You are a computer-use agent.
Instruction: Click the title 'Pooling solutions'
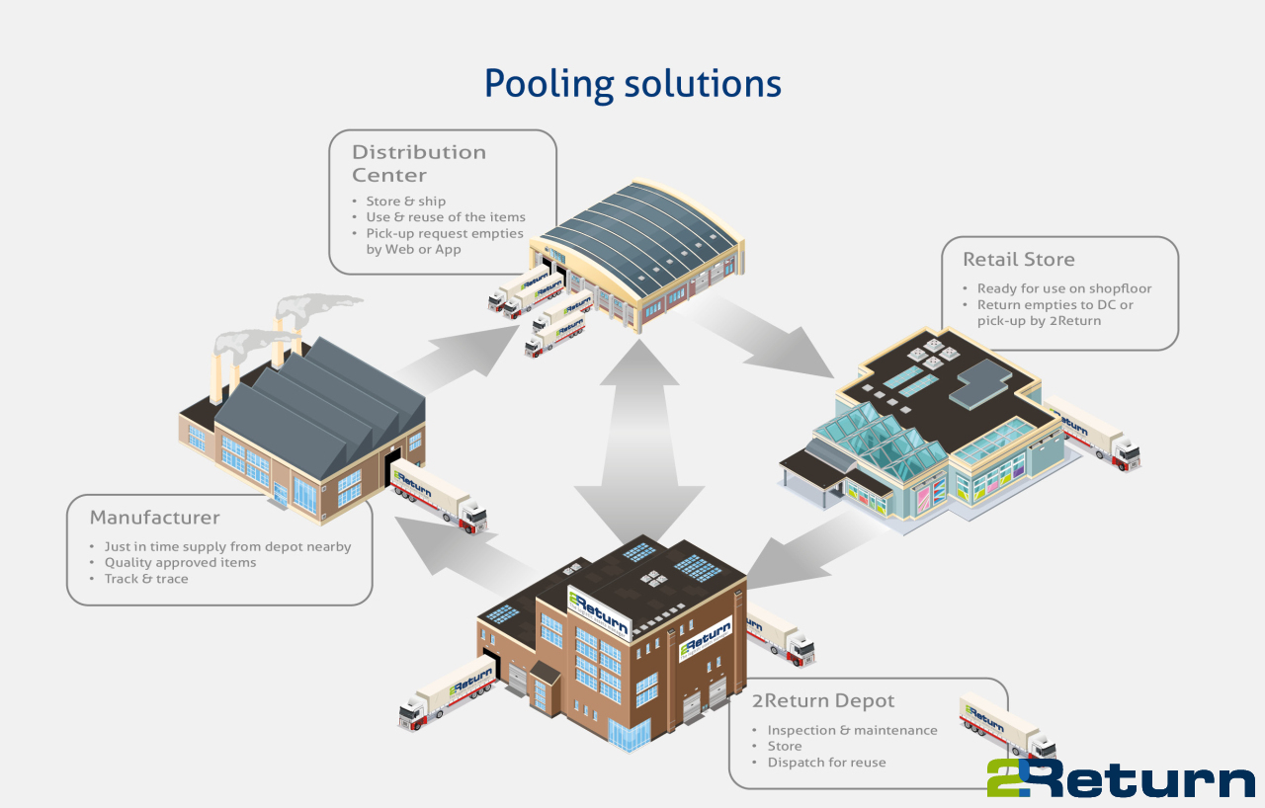click(632, 84)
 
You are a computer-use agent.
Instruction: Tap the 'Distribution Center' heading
click(419, 163)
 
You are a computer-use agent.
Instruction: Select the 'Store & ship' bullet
click(405, 202)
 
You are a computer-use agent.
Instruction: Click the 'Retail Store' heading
click(1018, 260)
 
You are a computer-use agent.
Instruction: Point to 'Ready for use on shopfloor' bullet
click(1064, 288)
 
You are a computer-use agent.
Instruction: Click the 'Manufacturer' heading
click(154, 518)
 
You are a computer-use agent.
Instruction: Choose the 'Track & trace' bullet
click(145, 579)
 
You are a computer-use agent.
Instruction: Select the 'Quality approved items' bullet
click(180, 563)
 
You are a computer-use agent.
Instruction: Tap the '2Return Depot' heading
click(822, 701)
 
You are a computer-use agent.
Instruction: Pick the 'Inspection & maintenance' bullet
click(852, 731)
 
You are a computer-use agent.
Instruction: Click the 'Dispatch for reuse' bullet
click(826, 763)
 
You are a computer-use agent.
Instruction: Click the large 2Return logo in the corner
click(1120, 777)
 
